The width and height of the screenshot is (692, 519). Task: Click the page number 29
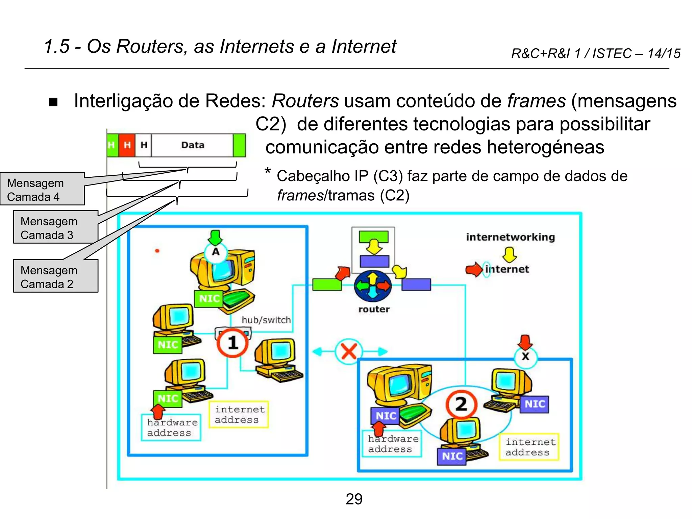pyautogui.click(x=354, y=499)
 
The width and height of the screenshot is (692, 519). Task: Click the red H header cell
pyautogui.click(x=127, y=145)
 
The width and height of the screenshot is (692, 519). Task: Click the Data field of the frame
pyautogui.click(x=193, y=145)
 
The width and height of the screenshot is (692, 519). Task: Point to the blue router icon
pyautogui.click(x=373, y=286)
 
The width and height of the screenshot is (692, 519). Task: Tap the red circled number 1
pyautogui.click(x=232, y=343)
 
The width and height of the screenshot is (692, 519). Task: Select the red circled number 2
pyautogui.click(x=461, y=404)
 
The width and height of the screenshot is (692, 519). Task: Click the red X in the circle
pyautogui.click(x=349, y=351)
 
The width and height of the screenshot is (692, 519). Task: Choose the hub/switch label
pyautogui.click(x=266, y=320)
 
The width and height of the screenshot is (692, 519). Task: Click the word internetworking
pyautogui.click(x=510, y=237)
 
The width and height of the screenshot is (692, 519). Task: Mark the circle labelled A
pyautogui.click(x=216, y=252)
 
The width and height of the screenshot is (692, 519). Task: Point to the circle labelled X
pyautogui.click(x=525, y=356)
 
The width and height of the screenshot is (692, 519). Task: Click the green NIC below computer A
pyautogui.click(x=209, y=299)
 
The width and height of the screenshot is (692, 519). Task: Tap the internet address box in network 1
pyautogui.click(x=239, y=415)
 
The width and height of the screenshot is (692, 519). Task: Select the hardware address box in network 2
pyautogui.click(x=392, y=444)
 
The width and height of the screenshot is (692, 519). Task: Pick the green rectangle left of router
pyautogui.click(x=326, y=285)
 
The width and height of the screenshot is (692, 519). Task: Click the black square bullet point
pyautogui.click(x=53, y=102)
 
